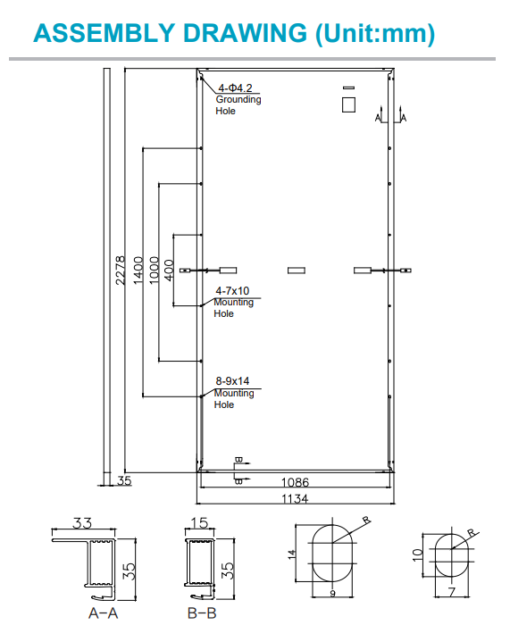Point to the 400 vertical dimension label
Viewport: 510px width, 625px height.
pyautogui.click(x=169, y=269)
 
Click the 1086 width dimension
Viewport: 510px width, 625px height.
pyautogui.click(x=295, y=483)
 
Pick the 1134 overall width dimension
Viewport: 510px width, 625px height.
pyautogui.click(x=295, y=499)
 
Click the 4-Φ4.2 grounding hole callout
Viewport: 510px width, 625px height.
pyautogui.click(x=236, y=87)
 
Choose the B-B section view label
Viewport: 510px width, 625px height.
pyautogui.click(x=201, y=613)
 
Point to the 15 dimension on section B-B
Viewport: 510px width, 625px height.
pyautogui.click(x=200, y=523)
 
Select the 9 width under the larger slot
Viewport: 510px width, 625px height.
pyautogui.click(x=331, y=593)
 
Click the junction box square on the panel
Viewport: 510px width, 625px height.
pyautogui.click(x=347, y=104)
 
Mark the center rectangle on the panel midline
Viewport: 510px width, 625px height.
pyautogui.click(x=295, y=270)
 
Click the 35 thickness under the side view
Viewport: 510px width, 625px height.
pyautogui.click(x=124, y=481)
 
